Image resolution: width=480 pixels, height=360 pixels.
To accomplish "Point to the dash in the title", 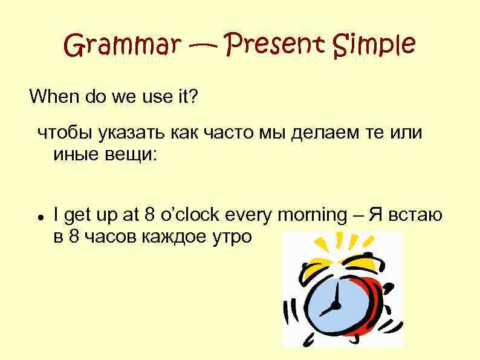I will point(206,46).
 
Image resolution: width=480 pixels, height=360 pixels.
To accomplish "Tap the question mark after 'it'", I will point(193,96).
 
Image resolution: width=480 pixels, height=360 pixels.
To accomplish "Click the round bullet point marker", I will point(39,216).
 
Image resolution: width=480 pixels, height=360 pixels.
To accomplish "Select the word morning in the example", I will point(312,215).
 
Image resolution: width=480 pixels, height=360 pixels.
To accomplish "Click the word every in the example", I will point(248,215).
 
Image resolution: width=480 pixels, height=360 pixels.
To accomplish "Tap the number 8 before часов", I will point(74,236).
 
